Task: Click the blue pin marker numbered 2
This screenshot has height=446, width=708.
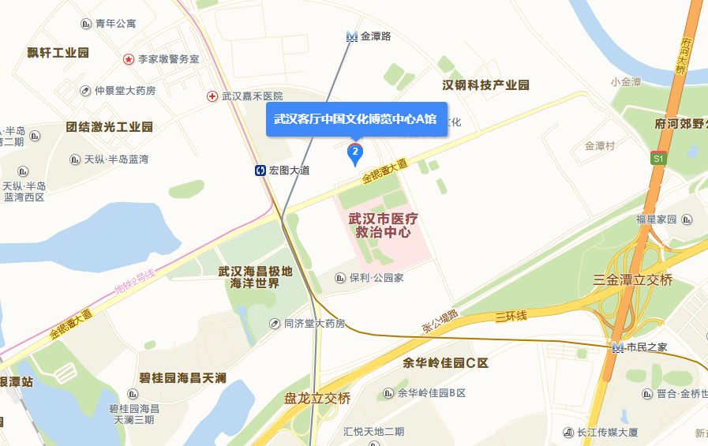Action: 355,152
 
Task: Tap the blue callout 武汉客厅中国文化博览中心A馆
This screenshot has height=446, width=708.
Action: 356,118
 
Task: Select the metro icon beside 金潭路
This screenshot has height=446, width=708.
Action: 351,36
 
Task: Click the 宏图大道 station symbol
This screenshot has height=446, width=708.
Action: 260,170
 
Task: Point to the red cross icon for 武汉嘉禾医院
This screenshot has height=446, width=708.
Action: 212,96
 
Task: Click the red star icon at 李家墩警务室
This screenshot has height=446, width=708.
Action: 128,59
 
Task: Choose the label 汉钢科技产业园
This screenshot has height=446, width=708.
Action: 485,85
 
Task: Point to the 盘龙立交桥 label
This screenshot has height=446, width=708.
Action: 317,399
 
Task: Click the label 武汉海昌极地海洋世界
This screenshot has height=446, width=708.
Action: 255,277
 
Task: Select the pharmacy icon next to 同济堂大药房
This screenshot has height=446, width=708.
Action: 274,323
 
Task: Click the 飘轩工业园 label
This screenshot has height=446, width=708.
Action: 58,53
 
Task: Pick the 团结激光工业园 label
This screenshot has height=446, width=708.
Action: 110,127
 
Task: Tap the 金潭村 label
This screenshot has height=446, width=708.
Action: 600,146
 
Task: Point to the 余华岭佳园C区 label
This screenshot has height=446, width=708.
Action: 446,364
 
